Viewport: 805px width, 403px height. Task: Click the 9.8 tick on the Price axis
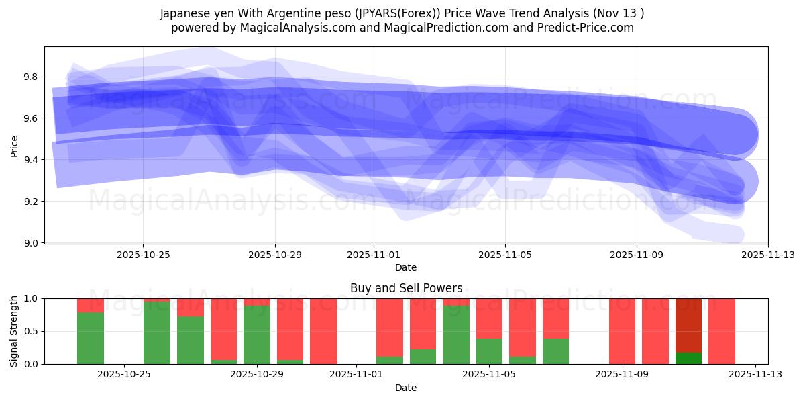[x=32, y=77]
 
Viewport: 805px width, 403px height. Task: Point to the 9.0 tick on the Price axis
[x=32, y=242]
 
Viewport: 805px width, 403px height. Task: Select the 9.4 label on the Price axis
[x=32, y=160]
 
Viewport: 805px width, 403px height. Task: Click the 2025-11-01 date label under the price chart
[x=374, y=255]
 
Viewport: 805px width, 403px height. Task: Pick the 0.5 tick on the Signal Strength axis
[x=32, y=331]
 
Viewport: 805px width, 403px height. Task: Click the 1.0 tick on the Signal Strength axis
[x=32, y=298]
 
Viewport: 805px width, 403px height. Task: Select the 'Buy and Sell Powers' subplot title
[x=406, y=288]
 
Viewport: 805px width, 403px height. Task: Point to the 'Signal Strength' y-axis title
[x=15, y=331]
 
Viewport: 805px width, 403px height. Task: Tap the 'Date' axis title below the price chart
[x=406, y=267]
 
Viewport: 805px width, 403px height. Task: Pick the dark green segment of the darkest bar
[x=688, y=358]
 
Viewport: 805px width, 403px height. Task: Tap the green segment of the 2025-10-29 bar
[x=257, y=334]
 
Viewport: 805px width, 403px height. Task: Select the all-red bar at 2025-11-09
[x=623, y=331]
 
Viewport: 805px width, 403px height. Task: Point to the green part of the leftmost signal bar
[x=91, y=338]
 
